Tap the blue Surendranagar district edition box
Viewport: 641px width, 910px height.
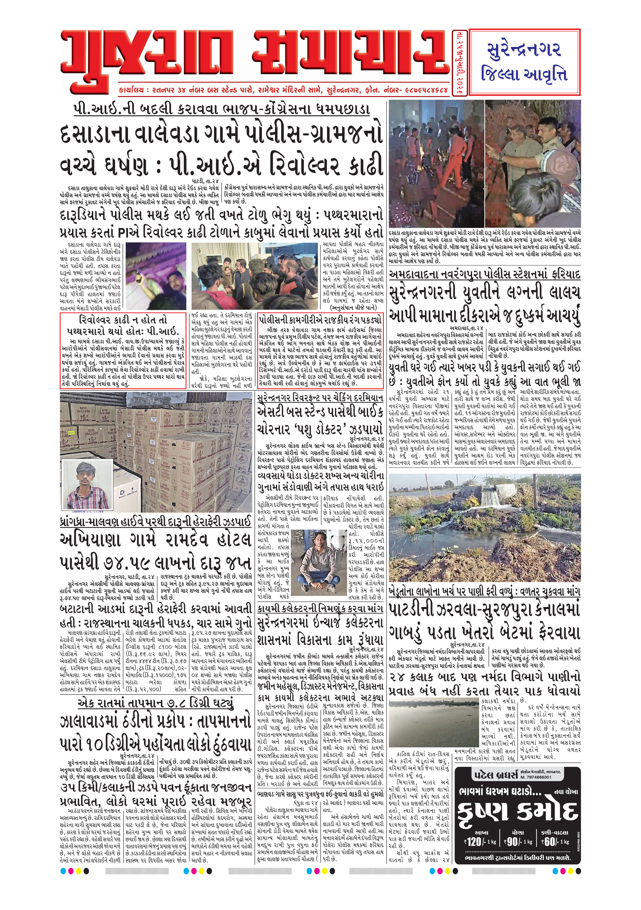[x=524, y=62]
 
